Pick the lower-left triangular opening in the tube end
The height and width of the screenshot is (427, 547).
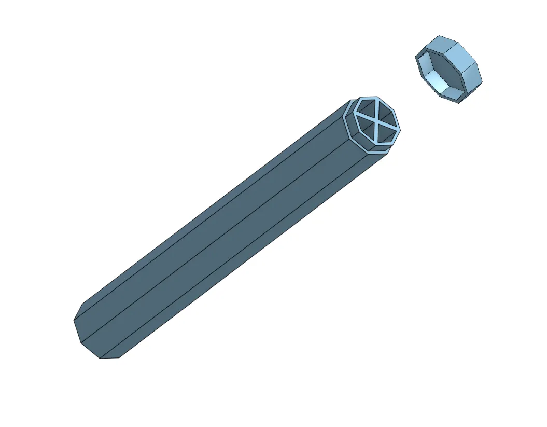pyautogui.click(x=364, y=130)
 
